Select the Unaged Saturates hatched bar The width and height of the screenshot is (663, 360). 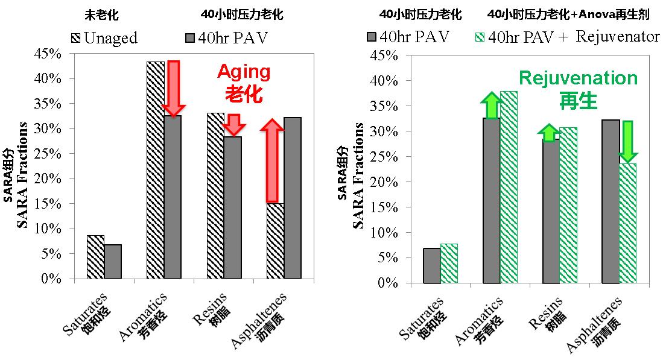(x=95, y=257)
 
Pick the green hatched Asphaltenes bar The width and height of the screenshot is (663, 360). (x=628, y=223)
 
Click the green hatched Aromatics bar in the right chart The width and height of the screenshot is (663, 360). (x=509, y=187)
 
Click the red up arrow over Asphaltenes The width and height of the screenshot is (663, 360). (x=273, y=160)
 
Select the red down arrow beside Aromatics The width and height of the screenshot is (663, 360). (x=174, y=88)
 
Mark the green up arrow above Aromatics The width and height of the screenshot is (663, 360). (x=492, y=105)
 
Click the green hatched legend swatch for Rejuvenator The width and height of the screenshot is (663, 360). (x=477, y=37)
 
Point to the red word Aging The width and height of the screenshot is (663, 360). (x=244, y=72)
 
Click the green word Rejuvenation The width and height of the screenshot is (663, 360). (x=578, y=78)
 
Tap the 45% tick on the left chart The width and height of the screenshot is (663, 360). (x=49, y=54)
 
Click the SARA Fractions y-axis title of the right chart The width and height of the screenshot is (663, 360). (x=358, y=175)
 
